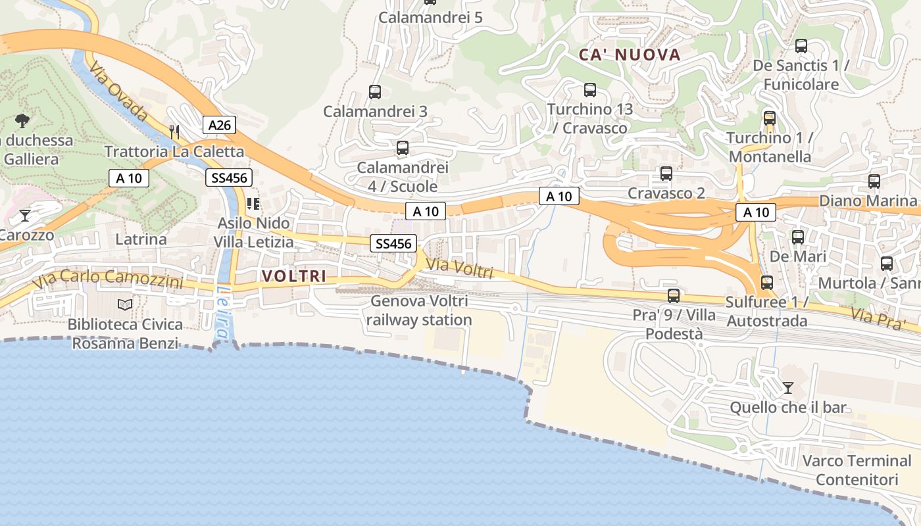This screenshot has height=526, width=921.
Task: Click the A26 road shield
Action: (218, 125)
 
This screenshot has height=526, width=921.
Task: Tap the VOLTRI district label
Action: (294, 276)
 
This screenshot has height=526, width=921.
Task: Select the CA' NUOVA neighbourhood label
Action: (629, 55)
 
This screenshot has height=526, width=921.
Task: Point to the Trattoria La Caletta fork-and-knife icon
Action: (174, 131)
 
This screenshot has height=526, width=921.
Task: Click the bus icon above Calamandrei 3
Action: (375, 92)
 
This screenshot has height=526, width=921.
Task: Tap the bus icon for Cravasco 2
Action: (666, 174)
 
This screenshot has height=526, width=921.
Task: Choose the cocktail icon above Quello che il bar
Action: (787, 387)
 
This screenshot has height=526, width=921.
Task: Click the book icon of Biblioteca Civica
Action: (125, 304)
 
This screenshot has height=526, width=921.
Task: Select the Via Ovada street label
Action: (118, 91)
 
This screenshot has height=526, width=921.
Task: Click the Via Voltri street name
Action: (459, 268)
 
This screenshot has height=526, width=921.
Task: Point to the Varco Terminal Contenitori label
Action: (857, 469)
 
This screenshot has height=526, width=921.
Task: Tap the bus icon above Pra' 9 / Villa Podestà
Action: (673, 295)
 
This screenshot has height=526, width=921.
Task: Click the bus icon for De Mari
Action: (798, 237)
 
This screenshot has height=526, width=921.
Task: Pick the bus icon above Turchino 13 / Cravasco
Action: (590, 90)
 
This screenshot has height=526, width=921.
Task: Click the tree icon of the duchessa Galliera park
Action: (22, 120)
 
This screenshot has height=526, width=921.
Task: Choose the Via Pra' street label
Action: (879, 317)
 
